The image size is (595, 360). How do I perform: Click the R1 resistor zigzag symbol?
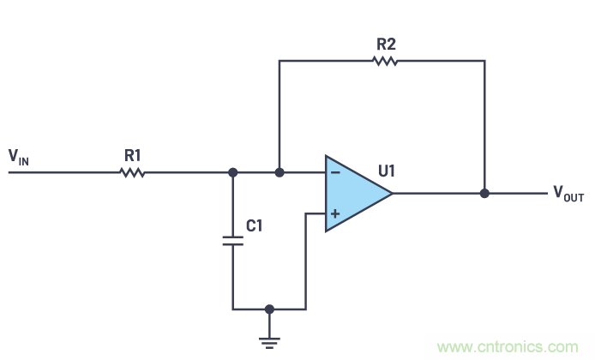click(132, 172)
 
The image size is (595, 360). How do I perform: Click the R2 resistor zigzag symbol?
click(386, 61)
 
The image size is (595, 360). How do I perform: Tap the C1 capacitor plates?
click(232, 240)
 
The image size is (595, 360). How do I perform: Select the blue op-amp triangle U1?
click(353, 193)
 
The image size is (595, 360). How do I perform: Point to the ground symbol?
click(269, 342)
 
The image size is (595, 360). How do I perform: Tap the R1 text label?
click(132, 155)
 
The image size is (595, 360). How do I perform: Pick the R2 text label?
click(386, 43)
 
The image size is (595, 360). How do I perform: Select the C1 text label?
click(255, 226)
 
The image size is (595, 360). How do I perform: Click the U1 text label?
click(386, 171)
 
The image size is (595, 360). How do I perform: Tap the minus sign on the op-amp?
click(334, 172)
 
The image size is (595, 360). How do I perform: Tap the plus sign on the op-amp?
click(334, 213)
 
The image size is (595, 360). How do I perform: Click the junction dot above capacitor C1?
click(232, 172)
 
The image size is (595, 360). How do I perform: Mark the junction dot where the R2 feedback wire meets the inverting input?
click(279, 172)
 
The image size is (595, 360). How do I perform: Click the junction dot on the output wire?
click(484, 194)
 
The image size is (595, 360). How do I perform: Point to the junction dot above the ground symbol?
click(269, 309)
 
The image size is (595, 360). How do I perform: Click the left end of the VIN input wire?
click(10, 172)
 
